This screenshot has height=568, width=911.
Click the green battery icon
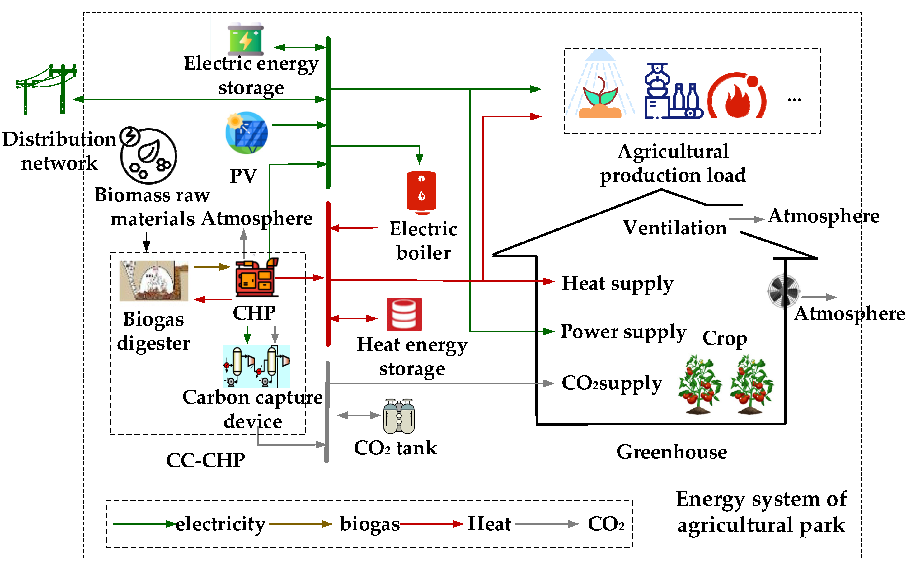(245, 39)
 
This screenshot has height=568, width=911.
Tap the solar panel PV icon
(247, 133)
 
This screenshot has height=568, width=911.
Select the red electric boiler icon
(421, 193)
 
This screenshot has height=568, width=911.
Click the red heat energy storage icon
(404, 314)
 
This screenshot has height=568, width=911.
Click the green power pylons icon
(46, 89)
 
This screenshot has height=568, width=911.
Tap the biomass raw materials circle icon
(148, 156)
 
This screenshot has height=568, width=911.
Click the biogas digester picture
(154, 281)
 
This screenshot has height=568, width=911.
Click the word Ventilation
(675, 228)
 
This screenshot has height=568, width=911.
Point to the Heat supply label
(618, 284)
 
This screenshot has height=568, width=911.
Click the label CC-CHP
(205, 461)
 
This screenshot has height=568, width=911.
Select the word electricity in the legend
(221, 524)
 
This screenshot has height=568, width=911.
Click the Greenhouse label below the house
(672, 452)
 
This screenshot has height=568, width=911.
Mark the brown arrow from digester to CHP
(212, 267)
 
